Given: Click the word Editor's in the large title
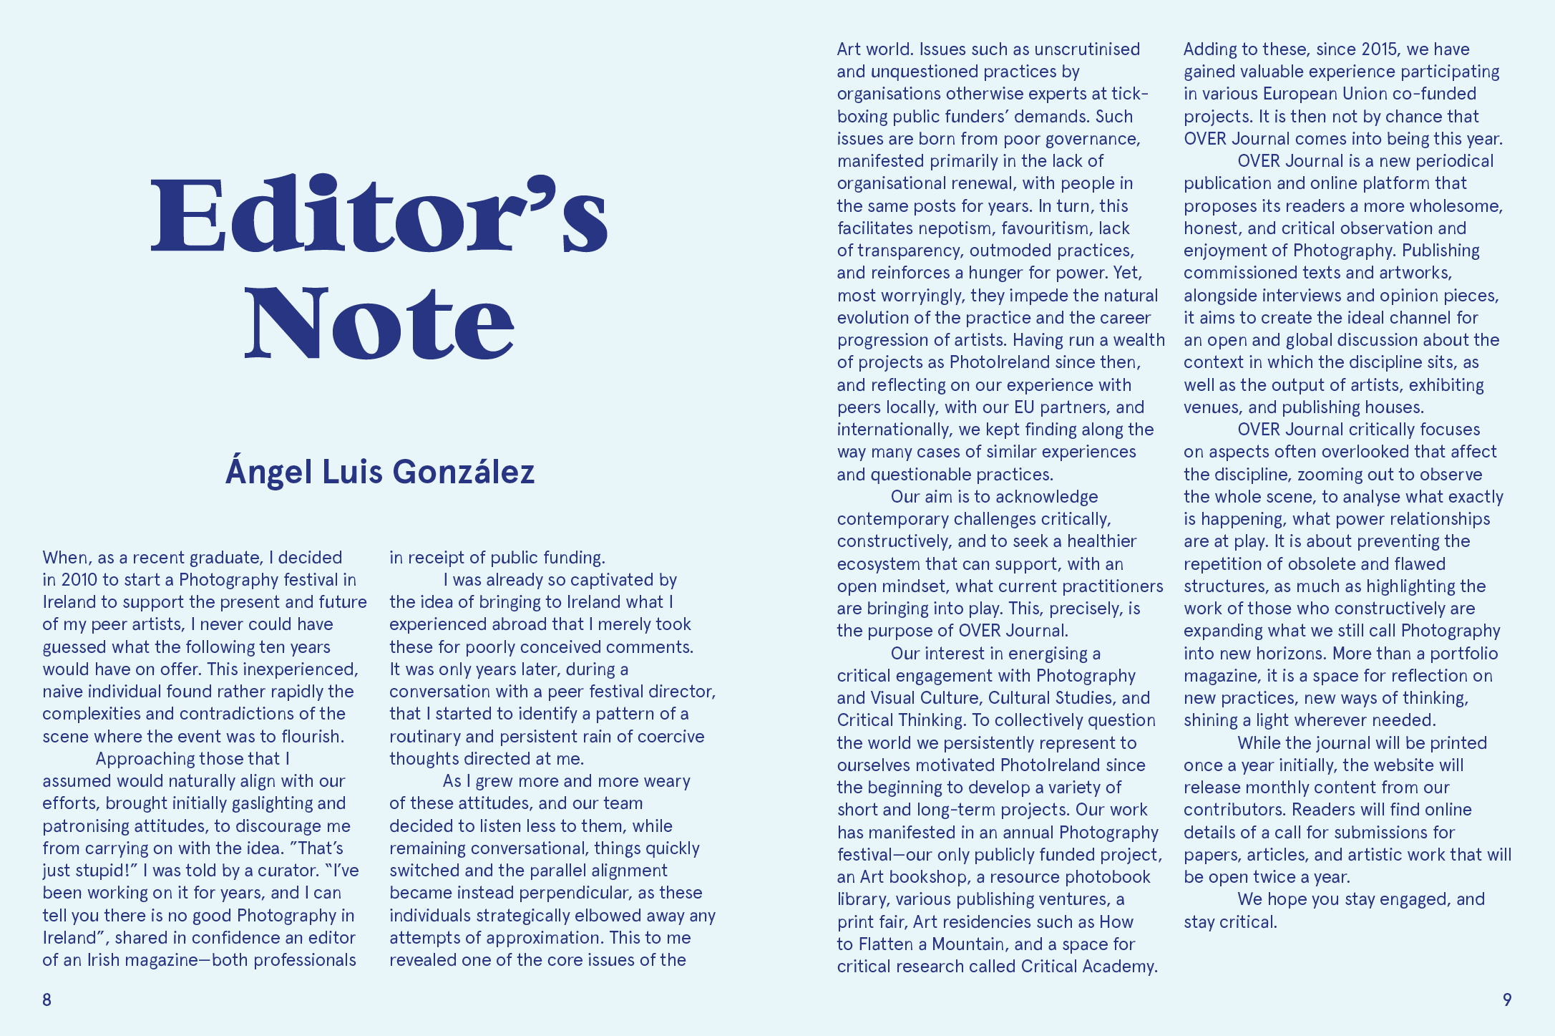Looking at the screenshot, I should tap(379, 214).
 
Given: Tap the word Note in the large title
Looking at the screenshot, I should tap(379, 321).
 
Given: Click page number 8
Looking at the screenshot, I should tap(47, 1000).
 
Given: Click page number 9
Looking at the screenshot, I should tap(1506, 1000).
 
